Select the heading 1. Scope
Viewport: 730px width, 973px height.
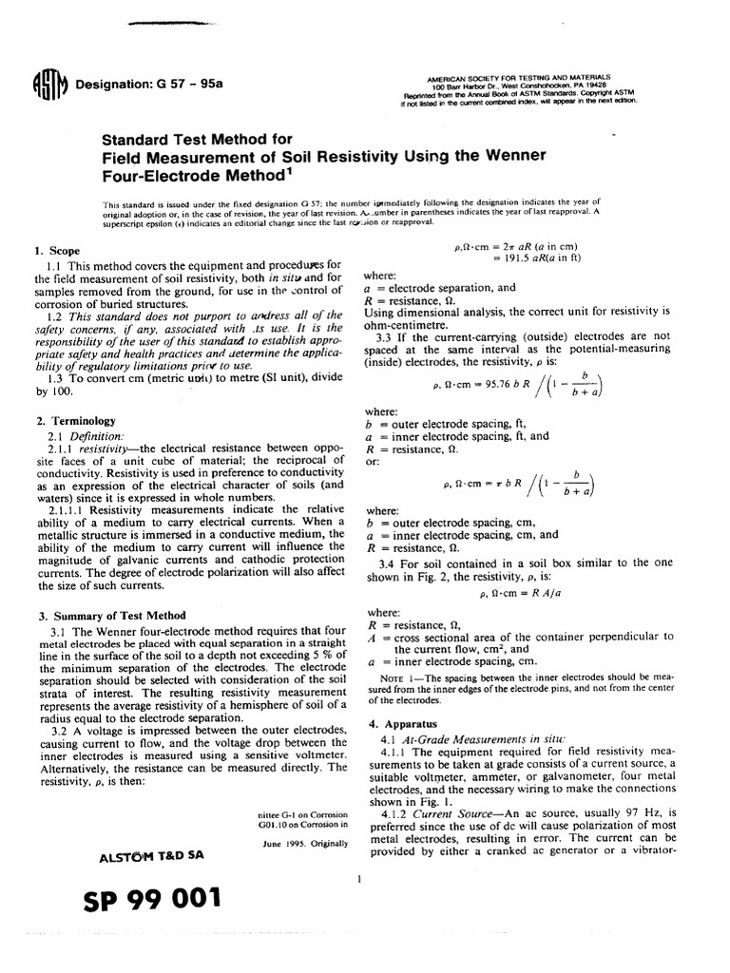55,251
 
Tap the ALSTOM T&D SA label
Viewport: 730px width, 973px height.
146,857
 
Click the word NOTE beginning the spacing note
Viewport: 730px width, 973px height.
394,679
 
